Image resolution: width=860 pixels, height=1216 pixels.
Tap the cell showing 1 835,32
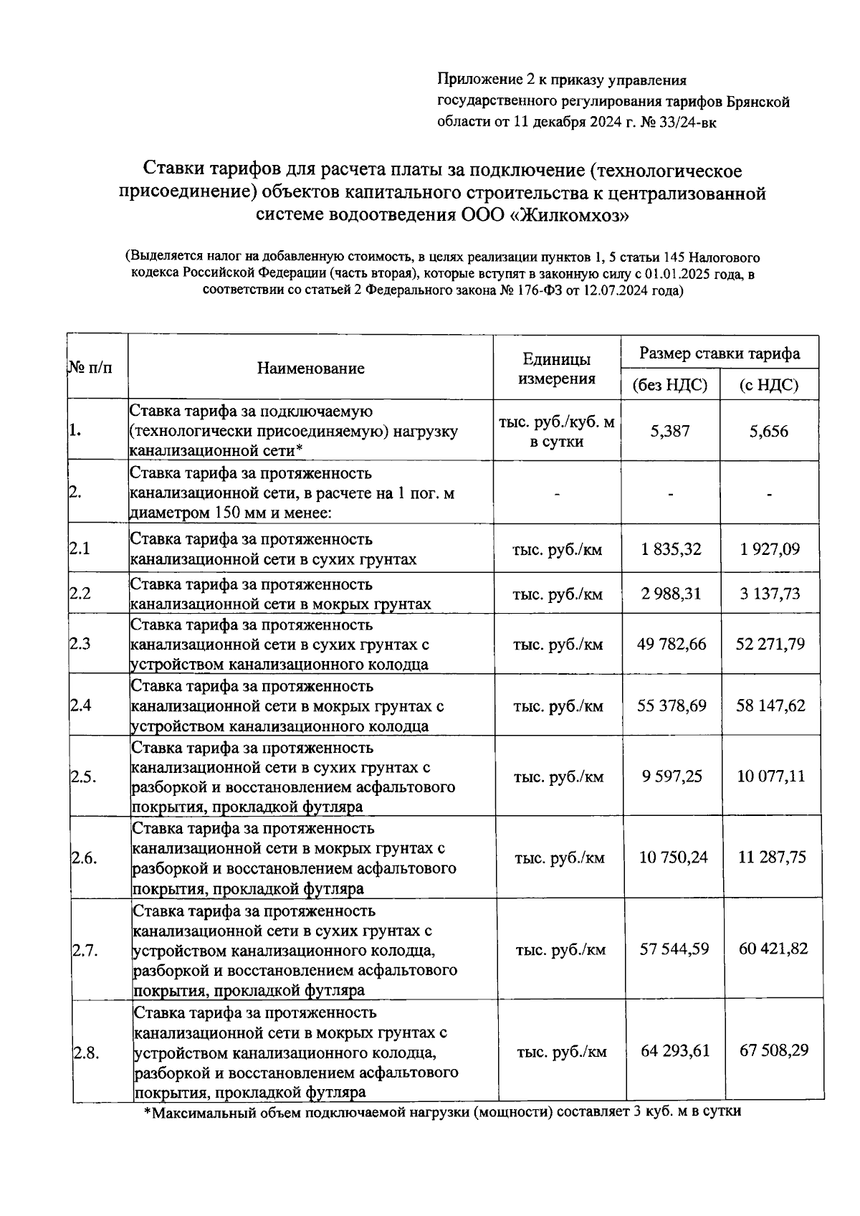coord(672,549)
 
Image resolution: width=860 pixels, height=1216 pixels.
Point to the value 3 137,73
coord(770,594)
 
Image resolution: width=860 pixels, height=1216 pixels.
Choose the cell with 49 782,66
coord(672,644)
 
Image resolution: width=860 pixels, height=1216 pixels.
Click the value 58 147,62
coord(771,706)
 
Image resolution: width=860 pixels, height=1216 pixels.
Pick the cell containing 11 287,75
coord(773,858)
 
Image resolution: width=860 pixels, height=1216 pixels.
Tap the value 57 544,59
coord(674,949)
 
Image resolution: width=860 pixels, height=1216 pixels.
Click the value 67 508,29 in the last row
coord(774,1050)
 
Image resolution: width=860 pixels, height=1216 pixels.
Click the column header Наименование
coord(310,369)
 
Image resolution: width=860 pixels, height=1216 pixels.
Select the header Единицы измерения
coord(556,369)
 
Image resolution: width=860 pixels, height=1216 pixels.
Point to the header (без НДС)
coord(670,386)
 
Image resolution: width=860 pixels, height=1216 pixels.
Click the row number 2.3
coord(80,644)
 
